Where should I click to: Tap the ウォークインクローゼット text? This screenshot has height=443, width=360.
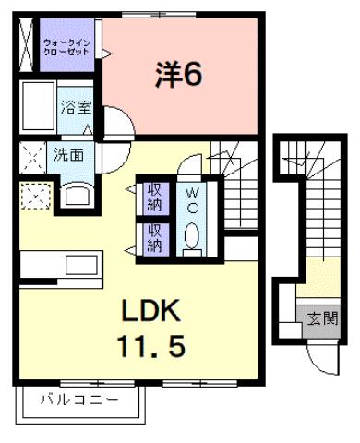(66, 47)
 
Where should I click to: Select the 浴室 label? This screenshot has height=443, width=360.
(76, 106)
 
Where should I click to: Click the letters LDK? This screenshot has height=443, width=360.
(154, 310)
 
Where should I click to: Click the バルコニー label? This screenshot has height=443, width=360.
(79, 401)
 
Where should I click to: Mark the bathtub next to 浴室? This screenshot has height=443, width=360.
(37, 109)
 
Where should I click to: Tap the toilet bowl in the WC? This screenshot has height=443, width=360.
(192, 237)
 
